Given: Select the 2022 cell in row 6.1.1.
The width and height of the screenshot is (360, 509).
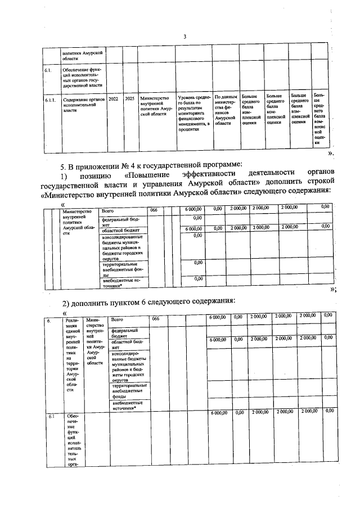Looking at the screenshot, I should click(x=113, y=97).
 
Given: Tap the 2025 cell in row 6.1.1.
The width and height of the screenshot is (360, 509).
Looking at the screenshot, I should click(x=129, y=97).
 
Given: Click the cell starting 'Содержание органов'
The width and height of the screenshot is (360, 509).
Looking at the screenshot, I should click(x=81, y=101).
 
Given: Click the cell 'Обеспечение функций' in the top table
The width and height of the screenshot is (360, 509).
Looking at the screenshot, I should click(x=82, y=77).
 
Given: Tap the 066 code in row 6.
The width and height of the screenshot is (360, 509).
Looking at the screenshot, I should click(x=156, y=319).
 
